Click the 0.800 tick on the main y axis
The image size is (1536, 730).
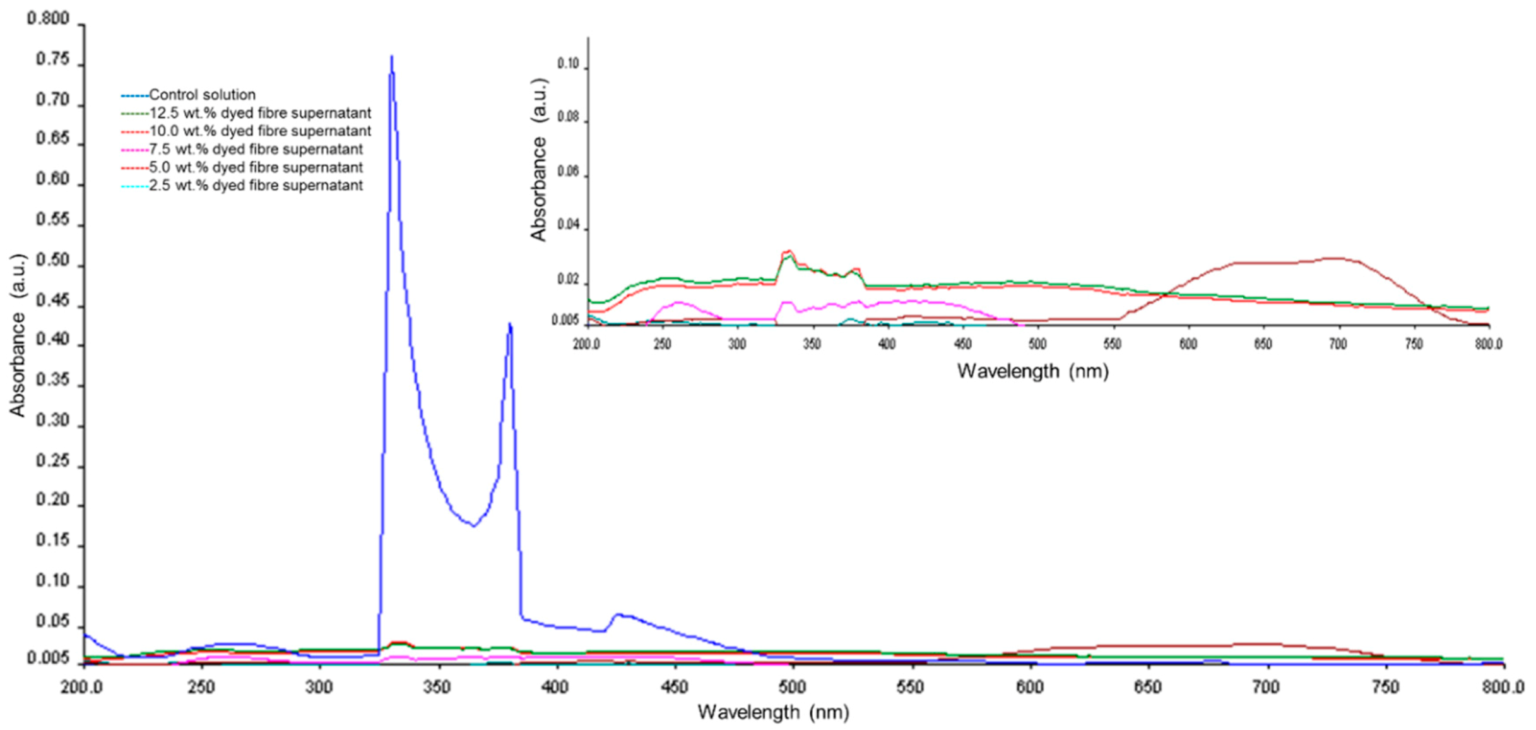pos(49,19)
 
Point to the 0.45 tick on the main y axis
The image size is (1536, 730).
pos(53,301)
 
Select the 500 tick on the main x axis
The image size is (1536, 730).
pos(791,687)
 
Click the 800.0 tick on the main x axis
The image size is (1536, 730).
pos(1503,687)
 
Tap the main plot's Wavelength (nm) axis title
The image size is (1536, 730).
pos(773,712)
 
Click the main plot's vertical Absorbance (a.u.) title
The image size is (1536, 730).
pos(18,335)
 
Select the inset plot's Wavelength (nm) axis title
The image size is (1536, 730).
pos(1032,371)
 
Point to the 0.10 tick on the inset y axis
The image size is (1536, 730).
pos(568,64)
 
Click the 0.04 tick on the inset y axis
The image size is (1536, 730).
pos(568,225)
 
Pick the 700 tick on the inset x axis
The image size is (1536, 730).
pos(1338,344)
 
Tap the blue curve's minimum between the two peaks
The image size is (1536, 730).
pos(473,525)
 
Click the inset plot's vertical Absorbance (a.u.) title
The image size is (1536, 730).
pos(538,160)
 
